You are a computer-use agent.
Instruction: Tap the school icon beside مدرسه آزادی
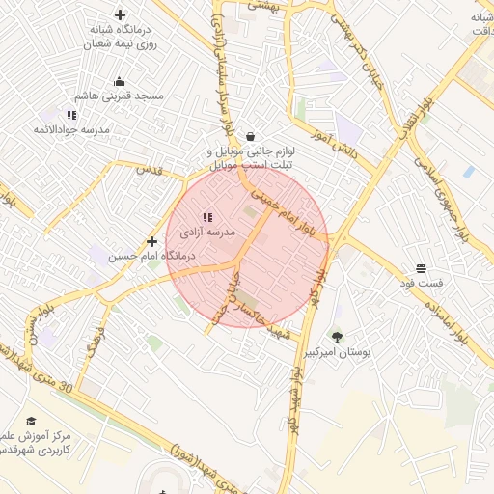coord(206,218)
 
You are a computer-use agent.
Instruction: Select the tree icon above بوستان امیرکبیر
coord(337,337)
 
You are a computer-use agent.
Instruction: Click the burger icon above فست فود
coord(422,268)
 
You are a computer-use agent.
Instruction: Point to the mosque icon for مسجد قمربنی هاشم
coord(119,81)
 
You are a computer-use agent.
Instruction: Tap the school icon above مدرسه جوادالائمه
coord(71,115)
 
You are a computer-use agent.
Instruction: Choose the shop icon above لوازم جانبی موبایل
coord(251,137)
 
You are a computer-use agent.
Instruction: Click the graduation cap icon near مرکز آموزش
coord(31,422)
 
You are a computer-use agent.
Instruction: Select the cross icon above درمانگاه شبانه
coord(120,14)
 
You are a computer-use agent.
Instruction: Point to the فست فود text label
coord(421,284)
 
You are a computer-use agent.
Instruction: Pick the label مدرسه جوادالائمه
coord(72,129)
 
